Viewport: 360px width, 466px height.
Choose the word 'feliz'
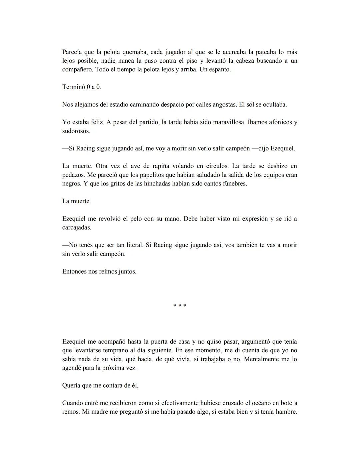click(x=97, y=122)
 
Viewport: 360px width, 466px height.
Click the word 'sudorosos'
click(x=76, y=131)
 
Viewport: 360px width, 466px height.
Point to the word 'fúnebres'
click(x=235, y=184)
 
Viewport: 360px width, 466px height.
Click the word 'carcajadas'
click(x=77, y=227)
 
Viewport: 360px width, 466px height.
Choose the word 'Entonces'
click(x=74, y=272)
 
